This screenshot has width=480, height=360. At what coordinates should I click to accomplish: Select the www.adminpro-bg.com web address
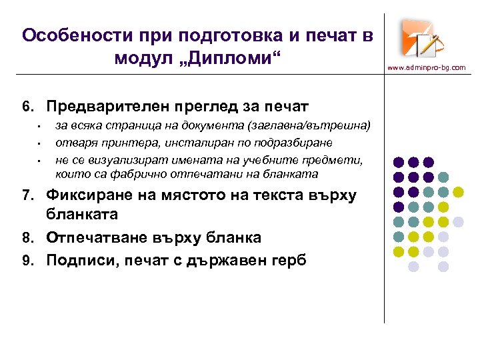coord(427,67)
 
